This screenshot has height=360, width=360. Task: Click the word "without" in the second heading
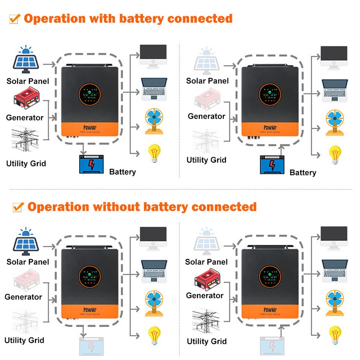coord(117,207)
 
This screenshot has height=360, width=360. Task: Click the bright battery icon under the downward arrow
coord(91,164)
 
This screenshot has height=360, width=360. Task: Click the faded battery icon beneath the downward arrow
coord(91,346)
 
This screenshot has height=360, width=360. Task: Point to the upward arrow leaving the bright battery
coord(281,150)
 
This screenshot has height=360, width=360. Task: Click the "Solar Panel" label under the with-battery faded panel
coord(207,81)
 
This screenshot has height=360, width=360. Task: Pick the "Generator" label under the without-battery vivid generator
coord(205,295)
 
